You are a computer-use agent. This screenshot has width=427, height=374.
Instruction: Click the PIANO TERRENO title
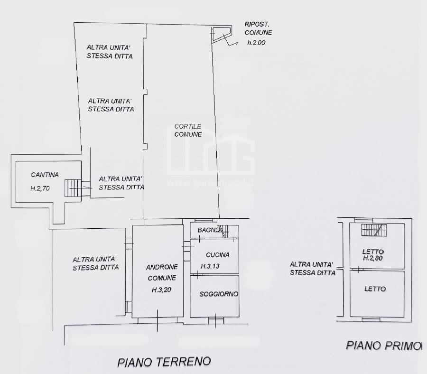[164, 362]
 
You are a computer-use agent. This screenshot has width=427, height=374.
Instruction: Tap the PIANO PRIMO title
[383, 346]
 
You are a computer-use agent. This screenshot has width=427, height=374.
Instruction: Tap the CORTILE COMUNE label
[188, 130]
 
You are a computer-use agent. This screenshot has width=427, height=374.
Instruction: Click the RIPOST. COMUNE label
[258, 28]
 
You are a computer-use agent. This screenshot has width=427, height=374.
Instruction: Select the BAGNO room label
[208, 231]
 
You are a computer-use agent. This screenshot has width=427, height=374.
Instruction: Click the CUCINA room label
[218, 255]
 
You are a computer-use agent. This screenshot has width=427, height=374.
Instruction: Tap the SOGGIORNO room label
[219, 294]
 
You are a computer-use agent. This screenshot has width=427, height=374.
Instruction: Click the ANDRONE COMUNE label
[161, 272]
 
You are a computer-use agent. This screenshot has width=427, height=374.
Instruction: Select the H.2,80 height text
[373, 259]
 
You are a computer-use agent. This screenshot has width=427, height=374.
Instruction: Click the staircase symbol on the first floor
[375, 230]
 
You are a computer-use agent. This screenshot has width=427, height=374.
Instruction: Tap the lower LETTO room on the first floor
[375, 289]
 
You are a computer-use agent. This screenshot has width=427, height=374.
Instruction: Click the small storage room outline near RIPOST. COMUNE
[221, 34]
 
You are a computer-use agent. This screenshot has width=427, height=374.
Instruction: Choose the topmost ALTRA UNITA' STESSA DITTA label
[110, 51]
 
